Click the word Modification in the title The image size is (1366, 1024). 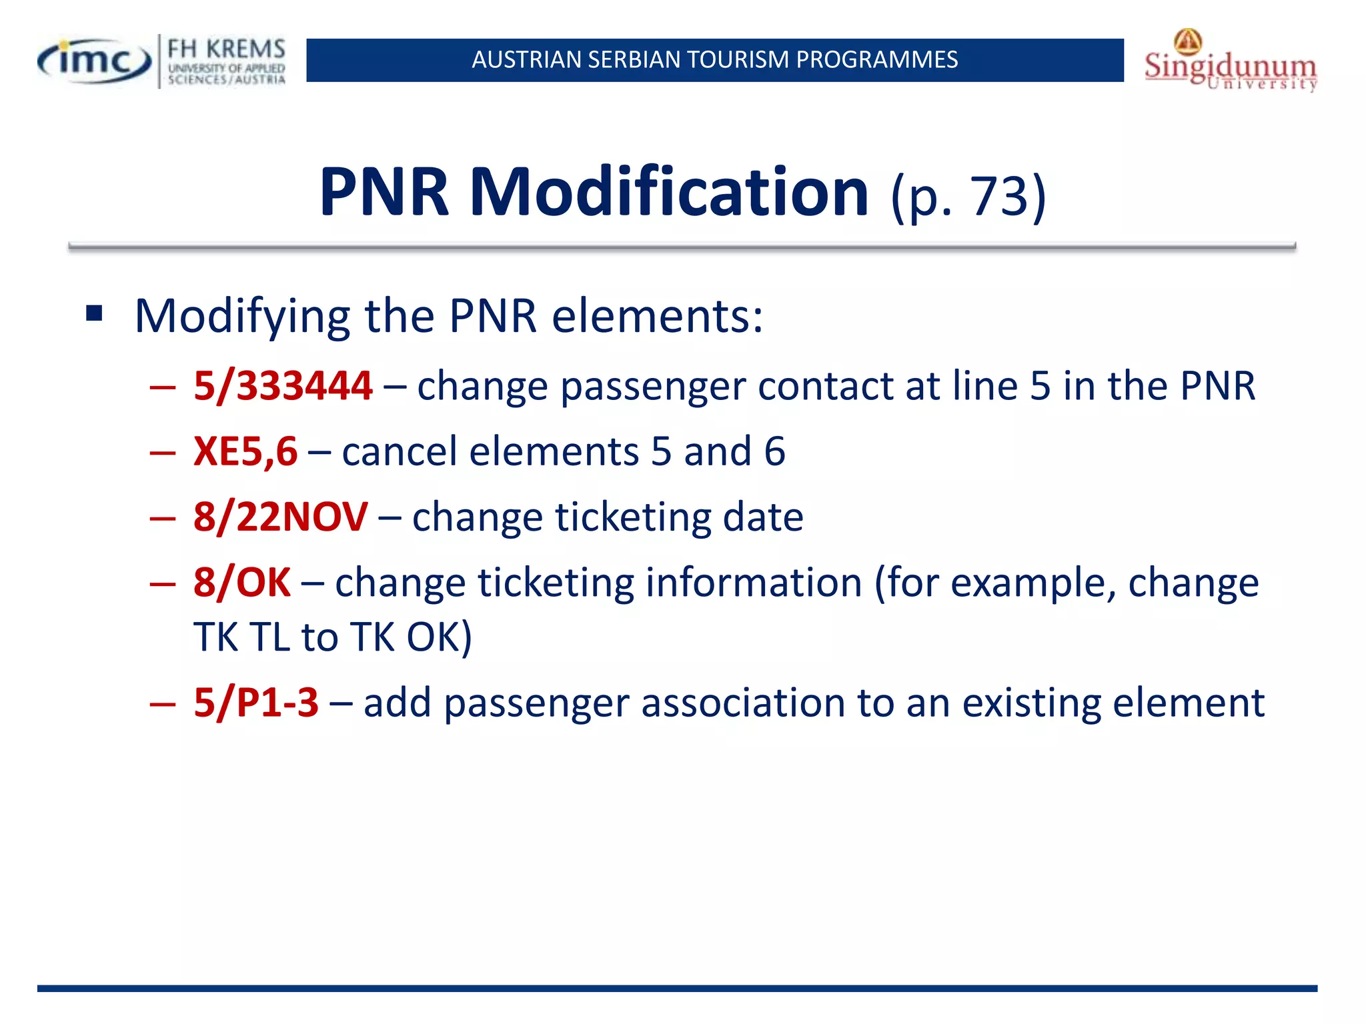point(668,192)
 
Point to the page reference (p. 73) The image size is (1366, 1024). point(968,196)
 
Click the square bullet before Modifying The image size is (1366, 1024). point(94,313)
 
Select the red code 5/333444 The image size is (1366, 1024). point(283,386)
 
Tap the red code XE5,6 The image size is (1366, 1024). point(245,451)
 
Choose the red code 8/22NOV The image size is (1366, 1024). point(280,517)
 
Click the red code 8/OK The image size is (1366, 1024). point(241,582)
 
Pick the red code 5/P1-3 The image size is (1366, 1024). point(256,702)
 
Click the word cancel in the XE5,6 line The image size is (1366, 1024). point(400,451)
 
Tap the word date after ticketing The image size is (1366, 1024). point(763,517)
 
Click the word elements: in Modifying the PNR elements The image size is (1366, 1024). point(657,315)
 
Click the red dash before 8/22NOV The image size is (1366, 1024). point(163,518)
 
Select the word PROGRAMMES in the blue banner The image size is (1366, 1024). point(876,60)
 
